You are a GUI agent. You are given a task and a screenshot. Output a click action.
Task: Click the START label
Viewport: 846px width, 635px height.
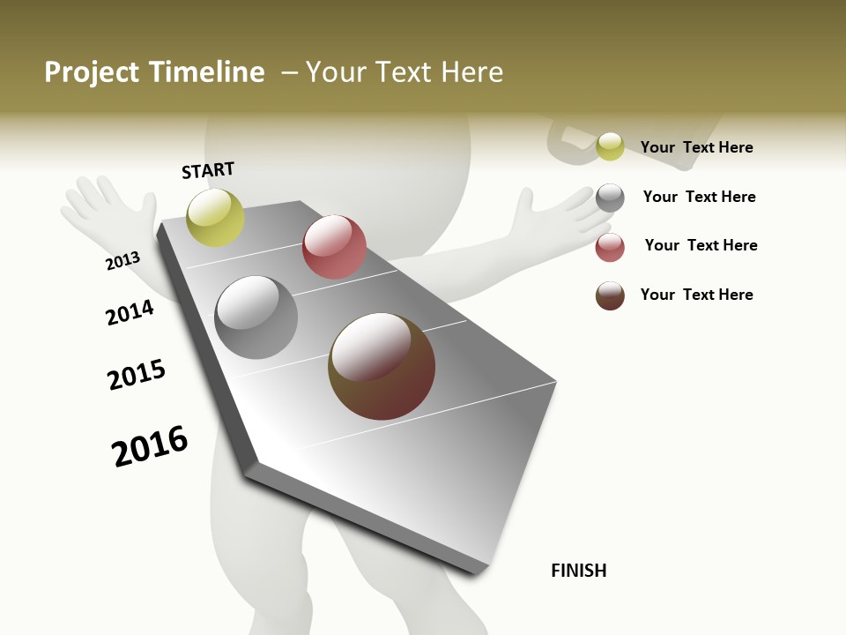tap(208, 170)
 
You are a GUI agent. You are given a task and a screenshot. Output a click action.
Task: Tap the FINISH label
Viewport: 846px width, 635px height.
tap(578, 571)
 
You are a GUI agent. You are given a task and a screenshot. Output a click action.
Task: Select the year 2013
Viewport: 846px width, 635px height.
tap(122, 261)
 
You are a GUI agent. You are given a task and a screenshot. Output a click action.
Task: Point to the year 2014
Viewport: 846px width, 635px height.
tap(130, 312)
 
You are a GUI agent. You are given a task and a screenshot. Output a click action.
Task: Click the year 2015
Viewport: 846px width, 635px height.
tap(137, 375)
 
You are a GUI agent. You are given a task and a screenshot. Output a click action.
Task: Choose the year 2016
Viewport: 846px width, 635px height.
tap(150, 445)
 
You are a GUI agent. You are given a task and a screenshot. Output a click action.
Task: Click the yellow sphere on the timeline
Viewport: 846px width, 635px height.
tap(216, 217)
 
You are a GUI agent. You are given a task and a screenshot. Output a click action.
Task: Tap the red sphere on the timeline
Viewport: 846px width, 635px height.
tap(334, 247)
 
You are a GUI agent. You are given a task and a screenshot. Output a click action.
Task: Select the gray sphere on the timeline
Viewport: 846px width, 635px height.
tap(256, 317)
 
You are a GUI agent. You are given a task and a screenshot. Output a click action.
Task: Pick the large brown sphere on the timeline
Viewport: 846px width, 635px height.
tap(382, 366)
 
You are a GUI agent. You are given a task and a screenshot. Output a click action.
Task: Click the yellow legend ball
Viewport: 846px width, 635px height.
tap(610, 146)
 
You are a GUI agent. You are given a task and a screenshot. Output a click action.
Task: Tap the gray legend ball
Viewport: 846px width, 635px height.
tap(610, 198)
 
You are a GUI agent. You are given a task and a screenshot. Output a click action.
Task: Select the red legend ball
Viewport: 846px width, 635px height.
tap(610, 247)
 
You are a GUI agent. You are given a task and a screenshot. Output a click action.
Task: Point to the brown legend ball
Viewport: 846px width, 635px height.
tap(610, 295)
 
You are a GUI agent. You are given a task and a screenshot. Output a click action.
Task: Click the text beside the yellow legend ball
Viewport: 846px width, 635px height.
tap(696, 147)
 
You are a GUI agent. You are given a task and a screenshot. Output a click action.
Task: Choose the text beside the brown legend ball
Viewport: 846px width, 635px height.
tap(696, 295)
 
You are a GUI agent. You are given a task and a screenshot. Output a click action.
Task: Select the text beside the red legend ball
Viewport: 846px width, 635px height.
tap(701, 245)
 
